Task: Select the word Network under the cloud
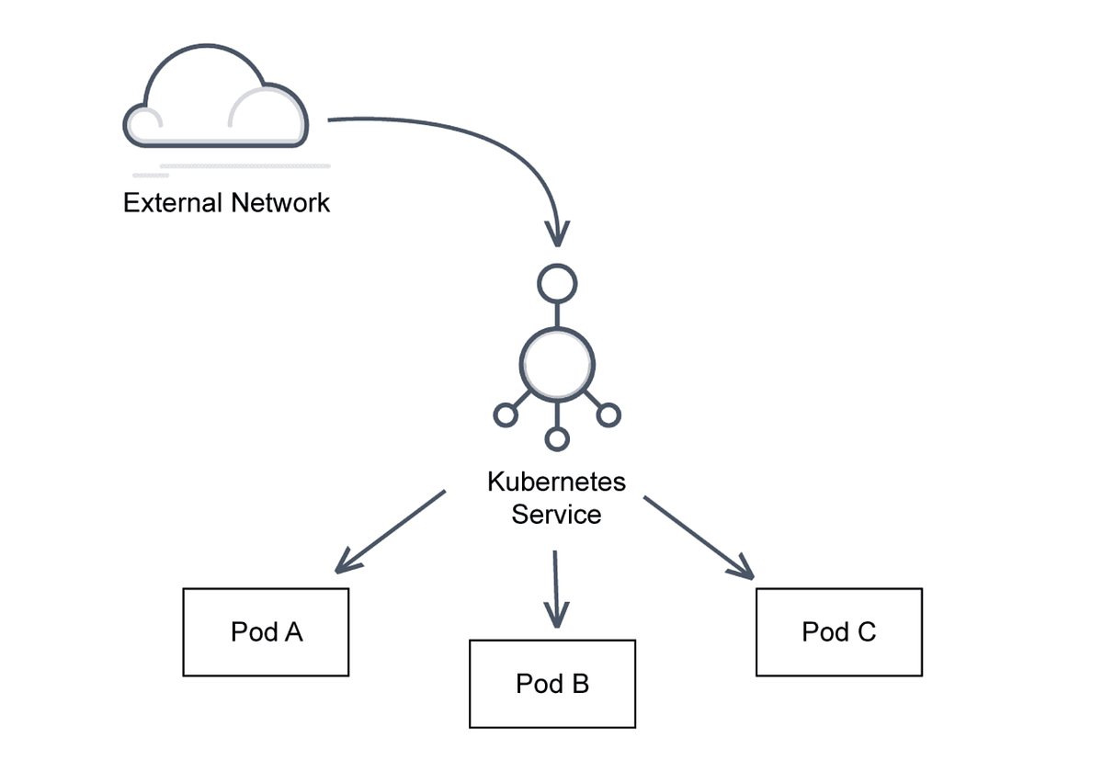point(279,202)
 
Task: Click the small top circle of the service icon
point(557,285)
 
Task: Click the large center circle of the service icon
point(557,362)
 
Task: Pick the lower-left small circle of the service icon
point(505,415)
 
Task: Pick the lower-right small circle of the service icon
point(608,415)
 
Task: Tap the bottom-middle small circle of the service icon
point(557,439)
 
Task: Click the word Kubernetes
point(556,482)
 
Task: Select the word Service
point(556,514)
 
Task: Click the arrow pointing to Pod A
point(391,531)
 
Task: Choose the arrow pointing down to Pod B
point(556,588)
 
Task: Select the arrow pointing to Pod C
point(699,538)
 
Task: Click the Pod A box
point(266,632)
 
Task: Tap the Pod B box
point(551,684)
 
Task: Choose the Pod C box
point(838,632)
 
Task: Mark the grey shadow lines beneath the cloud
point(234,169)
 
